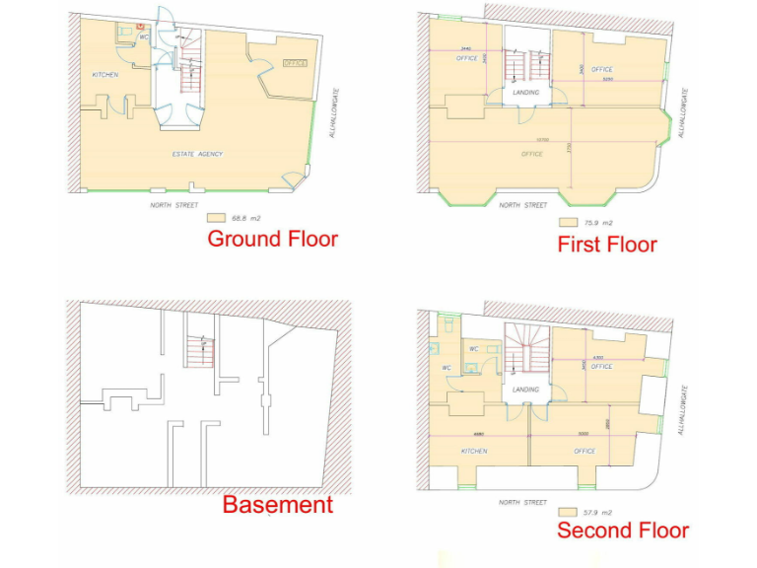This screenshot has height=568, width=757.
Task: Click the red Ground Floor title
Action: (x=272, y=239)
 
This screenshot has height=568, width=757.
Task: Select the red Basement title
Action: (x=277, y=505)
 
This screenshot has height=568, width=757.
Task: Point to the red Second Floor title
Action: (x=623, y=531)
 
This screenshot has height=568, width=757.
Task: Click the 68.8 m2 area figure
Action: (x=242, y=218)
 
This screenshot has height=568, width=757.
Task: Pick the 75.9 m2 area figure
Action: (x=599, y=223)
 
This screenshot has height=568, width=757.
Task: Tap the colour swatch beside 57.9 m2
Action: (x=567, y=513)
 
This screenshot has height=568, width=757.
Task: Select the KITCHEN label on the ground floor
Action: (x=105, y=76)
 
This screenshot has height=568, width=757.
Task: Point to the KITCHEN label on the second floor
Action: (x=474, y=451)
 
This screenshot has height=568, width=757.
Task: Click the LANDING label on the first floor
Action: (x=525, y=94)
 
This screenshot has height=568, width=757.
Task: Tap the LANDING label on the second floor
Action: (x=526, y=390)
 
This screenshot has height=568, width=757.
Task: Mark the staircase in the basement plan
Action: (x=200, y=351)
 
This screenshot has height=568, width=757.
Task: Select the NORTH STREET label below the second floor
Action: (x=522, y=502)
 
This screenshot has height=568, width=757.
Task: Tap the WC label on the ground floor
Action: (x=144, y=36)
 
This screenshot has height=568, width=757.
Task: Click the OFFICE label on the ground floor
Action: (x=295, y=64)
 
